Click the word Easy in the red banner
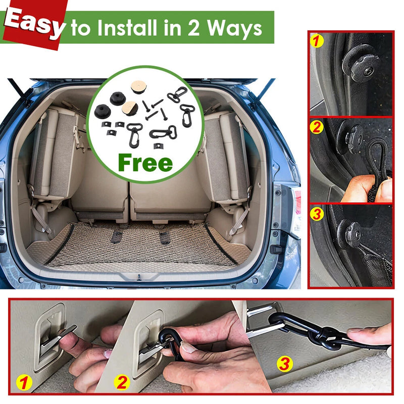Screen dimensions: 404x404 coord(34,23)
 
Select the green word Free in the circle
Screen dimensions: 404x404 coord(144,163)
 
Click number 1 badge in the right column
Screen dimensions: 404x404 coord(317,41)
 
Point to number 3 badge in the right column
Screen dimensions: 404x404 coord(317,214)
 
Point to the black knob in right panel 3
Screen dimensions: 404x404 coord(349,234)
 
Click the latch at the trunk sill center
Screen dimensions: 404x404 coord(138,277)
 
